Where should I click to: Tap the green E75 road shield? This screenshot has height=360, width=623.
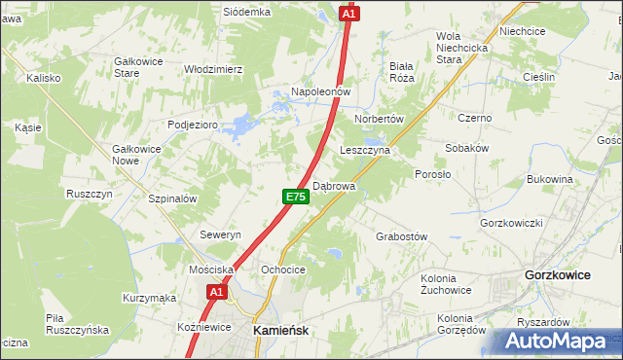tap(296, 197)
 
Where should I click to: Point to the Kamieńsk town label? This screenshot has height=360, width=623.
tap(280, 331)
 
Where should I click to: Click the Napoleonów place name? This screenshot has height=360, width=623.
tap(319, 91)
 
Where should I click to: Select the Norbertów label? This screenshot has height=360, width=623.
tap(379, 118)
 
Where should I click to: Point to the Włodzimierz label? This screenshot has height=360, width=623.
tap(213, 69)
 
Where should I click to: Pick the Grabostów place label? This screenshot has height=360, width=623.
tap(402, 236)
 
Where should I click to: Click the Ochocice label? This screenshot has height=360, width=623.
tap(283, 270)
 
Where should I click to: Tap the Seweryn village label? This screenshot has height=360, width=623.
tap(220, 235)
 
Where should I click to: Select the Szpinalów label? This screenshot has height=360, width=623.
tap(173, 198)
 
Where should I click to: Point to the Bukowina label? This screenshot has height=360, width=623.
tap(549, 180)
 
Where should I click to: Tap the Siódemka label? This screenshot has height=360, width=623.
tap(246, 13)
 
